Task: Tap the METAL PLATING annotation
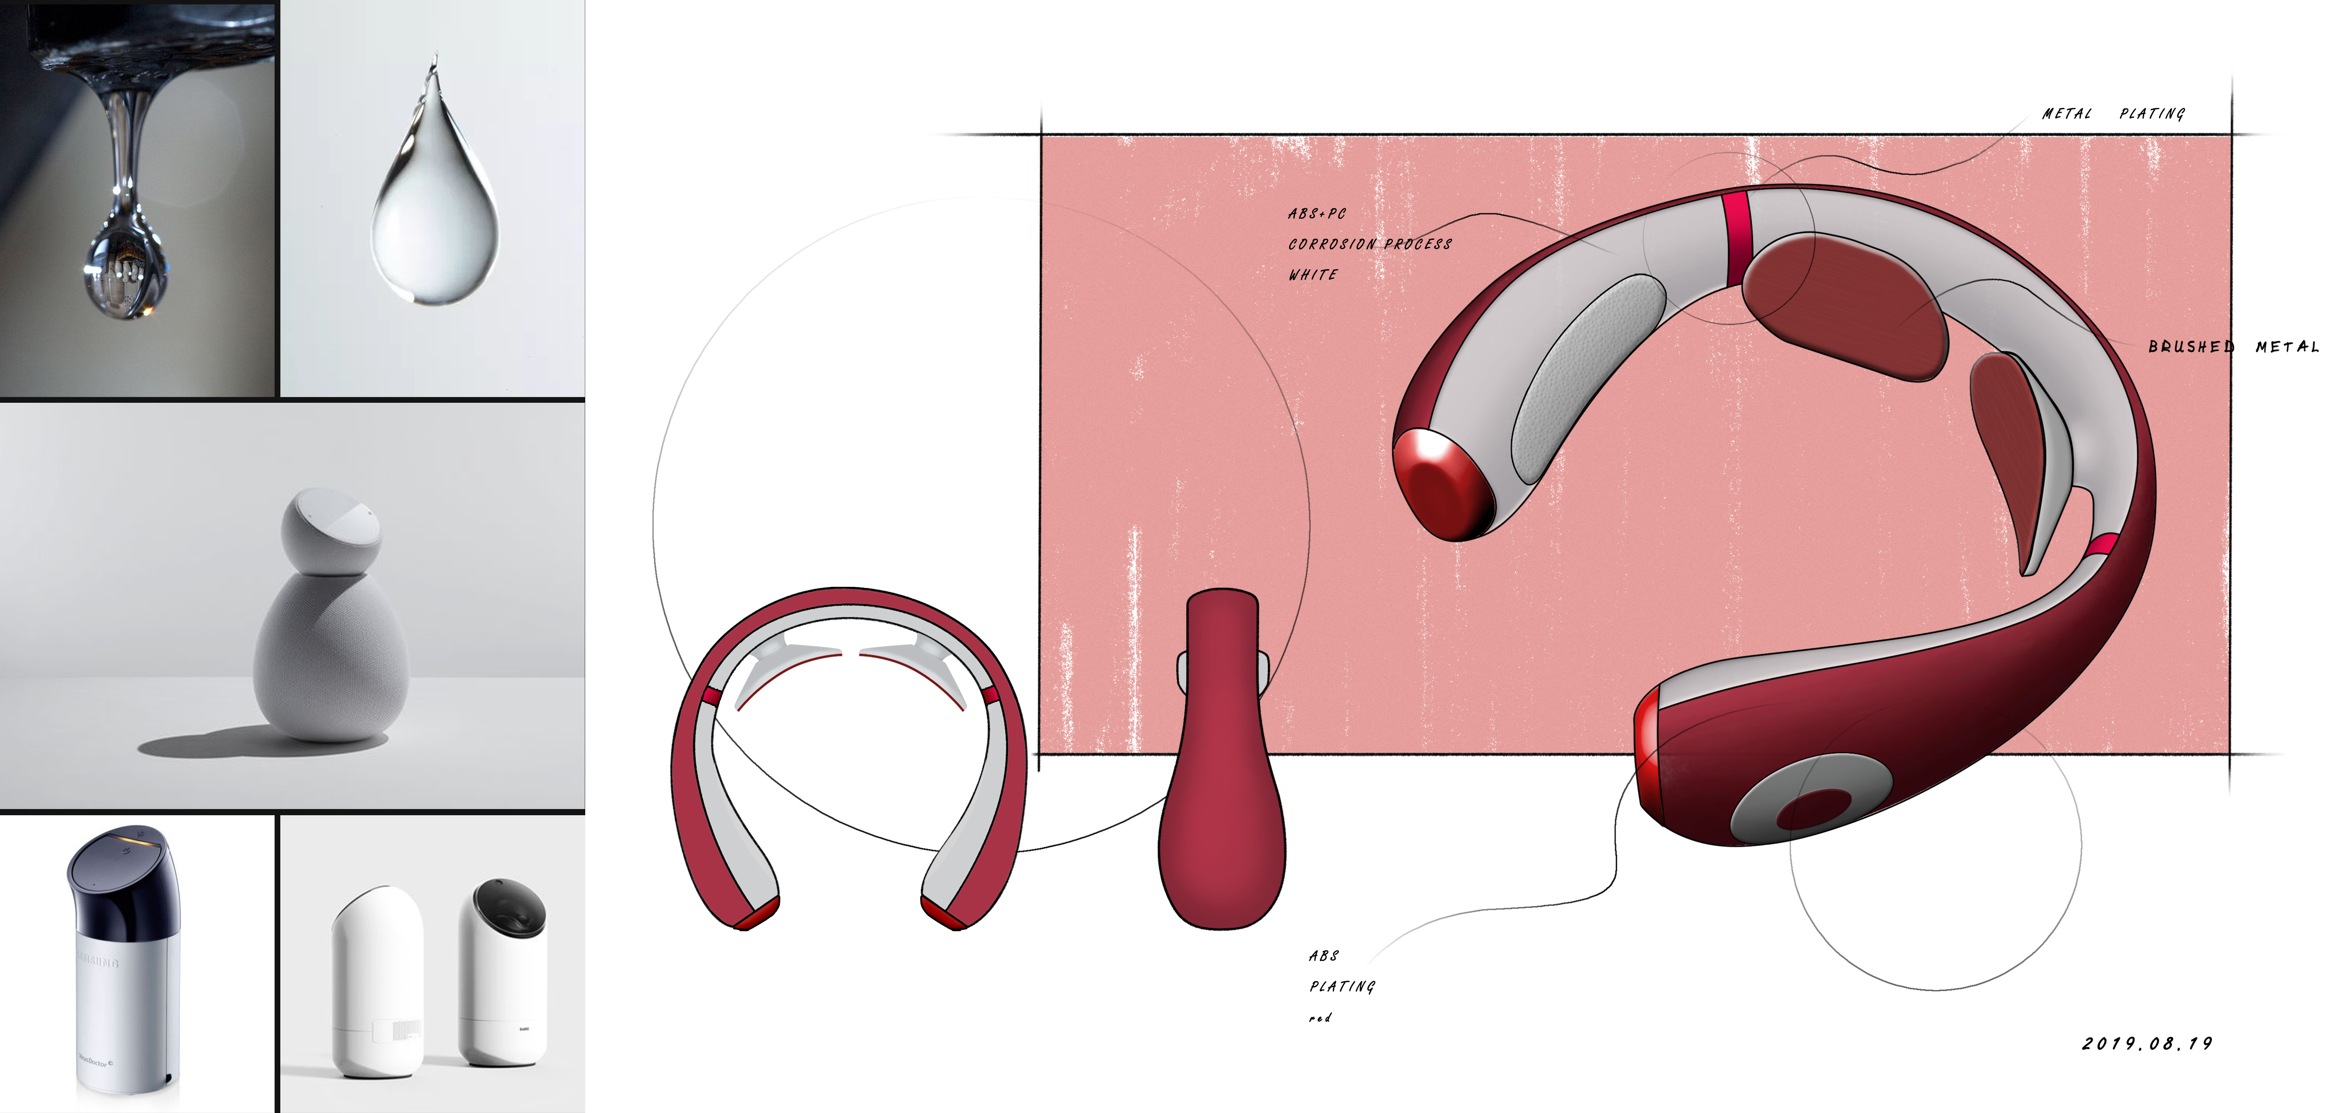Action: (x=2113, y=114)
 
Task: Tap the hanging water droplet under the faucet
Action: (x=127, y=273)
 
